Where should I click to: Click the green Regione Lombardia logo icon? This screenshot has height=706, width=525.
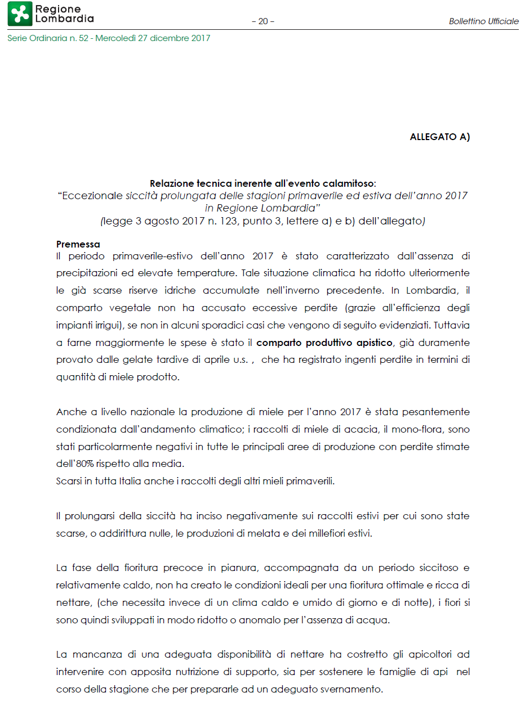[x=19, y=14]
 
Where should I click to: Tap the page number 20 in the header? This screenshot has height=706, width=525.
[x=262, y=21]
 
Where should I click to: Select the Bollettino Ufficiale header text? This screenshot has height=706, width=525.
[x=483, y=21]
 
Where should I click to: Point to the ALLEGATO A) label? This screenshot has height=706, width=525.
[x=439, y=137]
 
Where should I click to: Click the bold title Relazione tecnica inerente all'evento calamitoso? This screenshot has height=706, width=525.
[x=262, y=183]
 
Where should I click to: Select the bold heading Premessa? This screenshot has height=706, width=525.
[x=78, y=244]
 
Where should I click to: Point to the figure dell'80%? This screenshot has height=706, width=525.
[x=78, y=464]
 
